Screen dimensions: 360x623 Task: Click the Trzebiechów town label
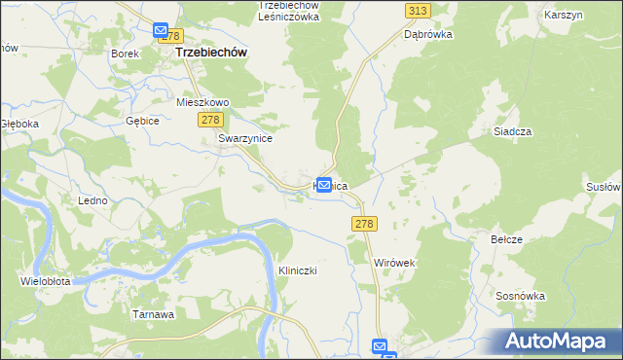pyautogui.click(x=209, y=54)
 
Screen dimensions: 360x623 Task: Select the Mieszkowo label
pyautogui.click(x=202, y=101)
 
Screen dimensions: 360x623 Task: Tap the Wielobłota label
pyautogui.click(x=44, y=282)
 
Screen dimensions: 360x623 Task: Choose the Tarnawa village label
pyautogui.click(x=152, y=314)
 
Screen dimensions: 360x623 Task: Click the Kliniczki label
pyautogui.click(x=298, y=270)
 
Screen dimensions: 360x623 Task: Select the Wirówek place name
pyautogui.click(x=395, y=263)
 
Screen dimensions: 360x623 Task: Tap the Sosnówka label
pyautogui.click(x=518, y=293)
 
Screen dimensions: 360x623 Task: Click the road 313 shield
pyautogui.click(x=418, y=11)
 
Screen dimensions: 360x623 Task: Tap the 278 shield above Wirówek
pyautogui.click(x=362, y=224)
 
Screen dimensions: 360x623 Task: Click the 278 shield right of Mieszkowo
pyautogui.click(x=211, y=119)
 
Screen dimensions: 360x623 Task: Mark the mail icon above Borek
pyautogui.click(x=161, y=32)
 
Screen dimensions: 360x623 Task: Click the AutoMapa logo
pyautogui.click(x=559, y=341)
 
